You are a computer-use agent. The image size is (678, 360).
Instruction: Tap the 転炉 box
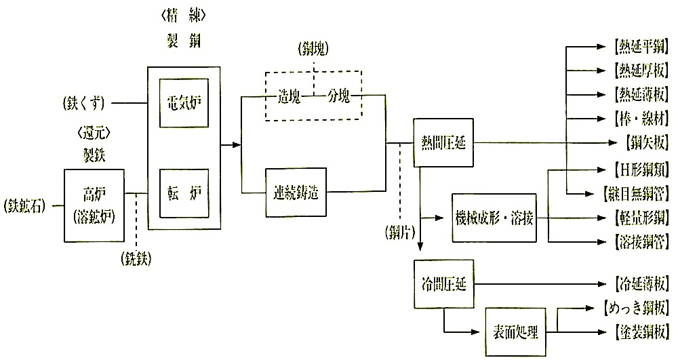pos(183,191)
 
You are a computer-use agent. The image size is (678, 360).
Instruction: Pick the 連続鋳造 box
pos(298,192)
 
